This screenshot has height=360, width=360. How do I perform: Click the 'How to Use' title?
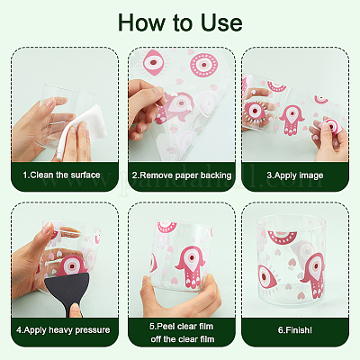point(180,22)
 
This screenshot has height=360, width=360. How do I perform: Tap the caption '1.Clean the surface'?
point(61,175)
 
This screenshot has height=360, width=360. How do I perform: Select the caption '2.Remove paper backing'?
point(182,175)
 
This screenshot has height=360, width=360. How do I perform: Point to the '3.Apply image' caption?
point(295,175)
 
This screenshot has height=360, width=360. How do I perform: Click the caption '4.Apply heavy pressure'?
point(63,330)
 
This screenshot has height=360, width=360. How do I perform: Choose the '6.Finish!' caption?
point(295,330)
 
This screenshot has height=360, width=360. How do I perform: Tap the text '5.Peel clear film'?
point(182,326)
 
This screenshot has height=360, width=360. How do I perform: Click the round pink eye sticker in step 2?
point(204,65)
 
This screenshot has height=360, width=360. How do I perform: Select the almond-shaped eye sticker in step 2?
point(154,63)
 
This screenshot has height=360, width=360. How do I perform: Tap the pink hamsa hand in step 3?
point(291,120)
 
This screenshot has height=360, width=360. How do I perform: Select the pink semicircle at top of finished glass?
point(282,238)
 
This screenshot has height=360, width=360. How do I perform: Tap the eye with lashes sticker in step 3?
point(255,112)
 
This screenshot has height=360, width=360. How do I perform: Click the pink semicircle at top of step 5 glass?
point(166,228)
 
